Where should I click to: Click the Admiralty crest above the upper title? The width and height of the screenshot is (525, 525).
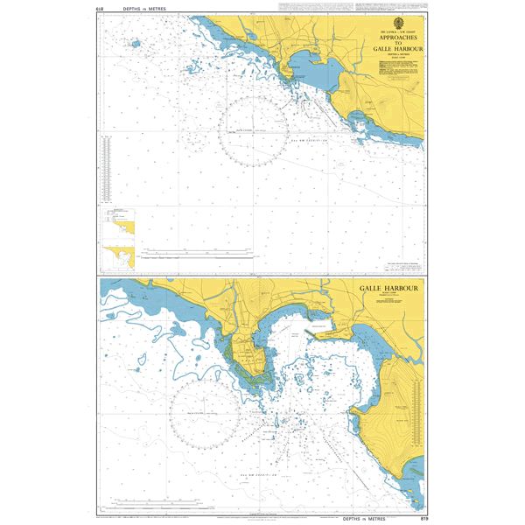coord(401,24)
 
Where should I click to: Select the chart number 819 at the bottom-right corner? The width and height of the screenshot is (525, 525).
coord(423,517)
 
